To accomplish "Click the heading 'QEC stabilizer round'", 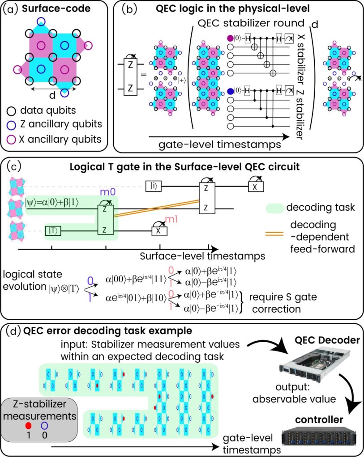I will (247, 22).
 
